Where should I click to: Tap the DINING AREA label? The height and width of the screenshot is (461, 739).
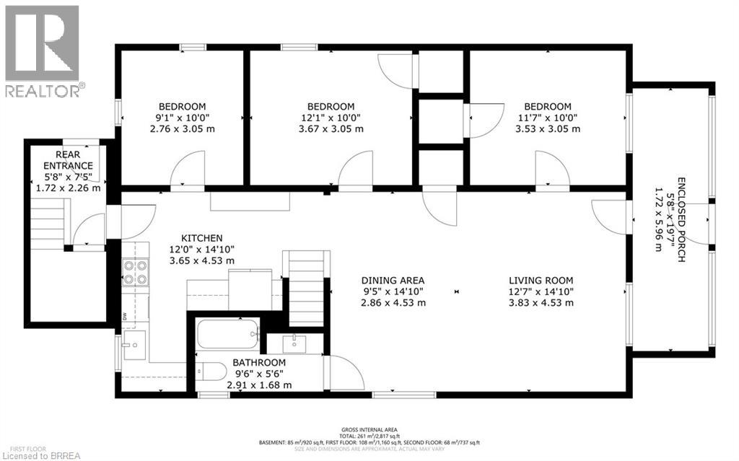point(393,281)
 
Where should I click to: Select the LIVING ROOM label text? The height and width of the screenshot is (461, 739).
point(541,281)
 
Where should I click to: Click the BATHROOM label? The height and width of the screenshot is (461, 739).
point(258,362)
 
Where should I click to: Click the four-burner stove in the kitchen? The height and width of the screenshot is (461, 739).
point(135,272)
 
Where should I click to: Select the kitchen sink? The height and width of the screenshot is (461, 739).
point(133,346)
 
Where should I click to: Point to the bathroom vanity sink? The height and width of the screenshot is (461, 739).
point(295,343)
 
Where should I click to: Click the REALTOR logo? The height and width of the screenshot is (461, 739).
point(43,51)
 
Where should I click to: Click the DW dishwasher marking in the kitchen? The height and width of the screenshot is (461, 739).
point(125,315)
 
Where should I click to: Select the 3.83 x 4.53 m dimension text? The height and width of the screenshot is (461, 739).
point(541,302)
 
